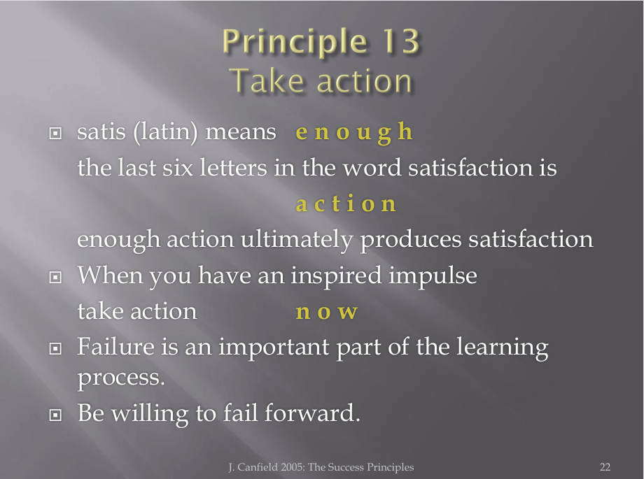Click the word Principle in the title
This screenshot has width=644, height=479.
pyautogui.click(x=295, y=42)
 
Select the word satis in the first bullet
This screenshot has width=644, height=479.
pyautogui.click(x=101, y=131)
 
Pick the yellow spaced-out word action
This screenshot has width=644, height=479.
pyautogui.click(x=346, y=204)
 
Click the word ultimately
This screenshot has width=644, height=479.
pyautogui.click(x=297, y=239)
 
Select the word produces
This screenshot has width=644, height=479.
pyautogui.click(x=411, y=240)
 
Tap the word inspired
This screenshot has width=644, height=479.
pyautogui.click(x=337, y=276)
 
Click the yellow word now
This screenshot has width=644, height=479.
pyautogui.click(x=327, y=312)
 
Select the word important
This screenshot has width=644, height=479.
pyautogui.click(x=274, y=348)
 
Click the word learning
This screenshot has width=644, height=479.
pyautogui.click(x=503, y=348)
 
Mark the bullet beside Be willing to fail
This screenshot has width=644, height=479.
pyautogui.click(x=55, y=415)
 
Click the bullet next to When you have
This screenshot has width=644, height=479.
pyautogui.click(x=55, y=278)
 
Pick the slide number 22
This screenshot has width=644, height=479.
pyautogui.click(x=605, y=467)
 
